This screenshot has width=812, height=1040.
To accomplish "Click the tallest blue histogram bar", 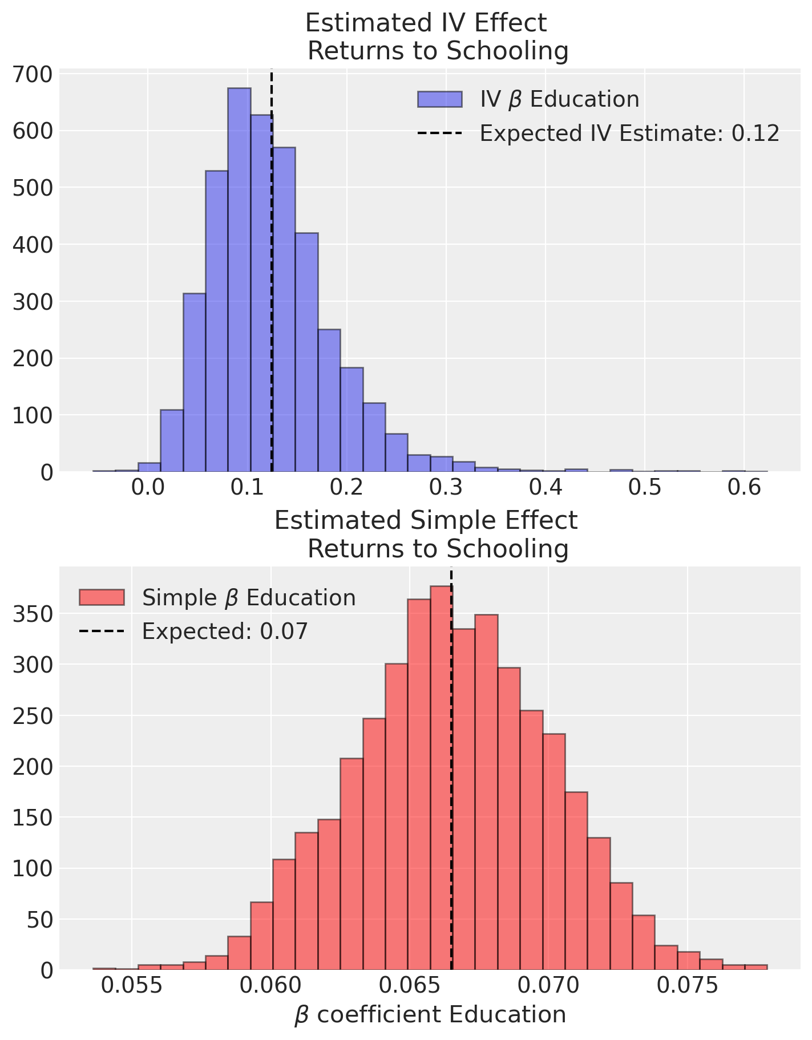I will [239, 280].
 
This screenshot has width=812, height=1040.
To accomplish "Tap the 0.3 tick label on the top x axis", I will [445, 489].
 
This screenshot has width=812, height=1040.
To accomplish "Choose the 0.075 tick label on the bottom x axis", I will [688, 986].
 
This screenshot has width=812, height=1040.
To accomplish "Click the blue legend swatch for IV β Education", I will [439, 99].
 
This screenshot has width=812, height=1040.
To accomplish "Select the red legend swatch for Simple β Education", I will [102, 597].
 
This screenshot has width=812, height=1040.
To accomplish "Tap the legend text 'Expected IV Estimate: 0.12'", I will [629, 133].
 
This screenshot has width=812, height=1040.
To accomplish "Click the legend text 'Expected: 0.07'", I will [225, 632].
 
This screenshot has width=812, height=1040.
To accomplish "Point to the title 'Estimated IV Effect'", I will [426, 23].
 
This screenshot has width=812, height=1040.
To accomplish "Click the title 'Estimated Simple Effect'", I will [426, 521].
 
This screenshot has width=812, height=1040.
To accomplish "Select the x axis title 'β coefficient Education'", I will [430, 1015].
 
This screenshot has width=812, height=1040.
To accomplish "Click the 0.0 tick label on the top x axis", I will [148, 489].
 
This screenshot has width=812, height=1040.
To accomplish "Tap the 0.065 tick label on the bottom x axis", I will [410, 986].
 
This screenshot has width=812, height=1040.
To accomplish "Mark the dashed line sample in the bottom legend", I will [102, 632].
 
